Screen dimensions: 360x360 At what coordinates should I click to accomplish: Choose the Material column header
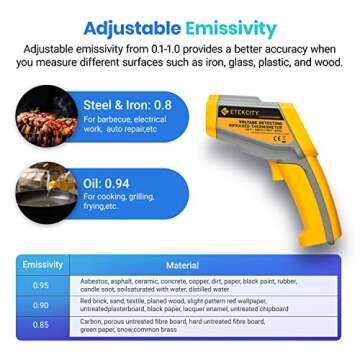(181, 265)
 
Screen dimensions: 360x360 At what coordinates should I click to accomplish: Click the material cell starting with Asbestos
(188, 285)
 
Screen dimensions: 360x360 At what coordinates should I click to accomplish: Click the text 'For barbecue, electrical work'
(120, 124)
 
